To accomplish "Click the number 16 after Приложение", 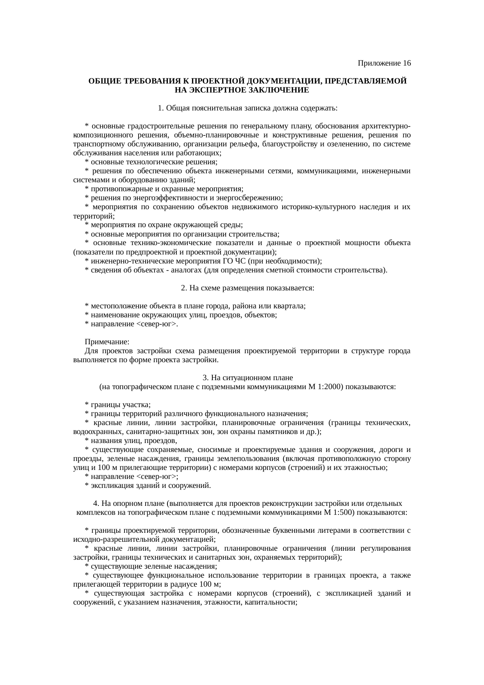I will [406, 63].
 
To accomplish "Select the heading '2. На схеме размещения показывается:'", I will [248, 288].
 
